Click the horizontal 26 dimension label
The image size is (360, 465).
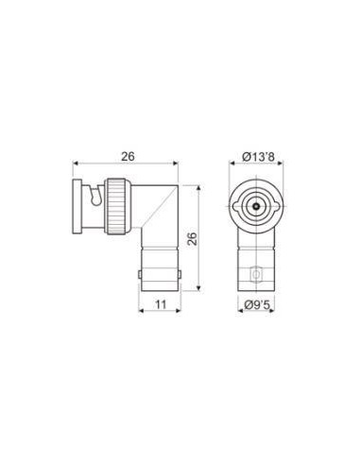click(x=128, y=156)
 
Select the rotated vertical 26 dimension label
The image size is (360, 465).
click(x=192, y=238)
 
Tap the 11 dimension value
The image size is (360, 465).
click(x=161, y=304)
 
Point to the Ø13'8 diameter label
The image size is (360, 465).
click(x=258, y=156)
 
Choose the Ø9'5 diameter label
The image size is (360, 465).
click(x=258, y=304)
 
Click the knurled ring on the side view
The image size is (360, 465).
click(x=118, y=206)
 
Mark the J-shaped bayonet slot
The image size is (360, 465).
click(x=96, y=196)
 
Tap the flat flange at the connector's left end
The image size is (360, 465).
click(x=77, y=206)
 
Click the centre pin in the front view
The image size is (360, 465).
click(x=257, y=206)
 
